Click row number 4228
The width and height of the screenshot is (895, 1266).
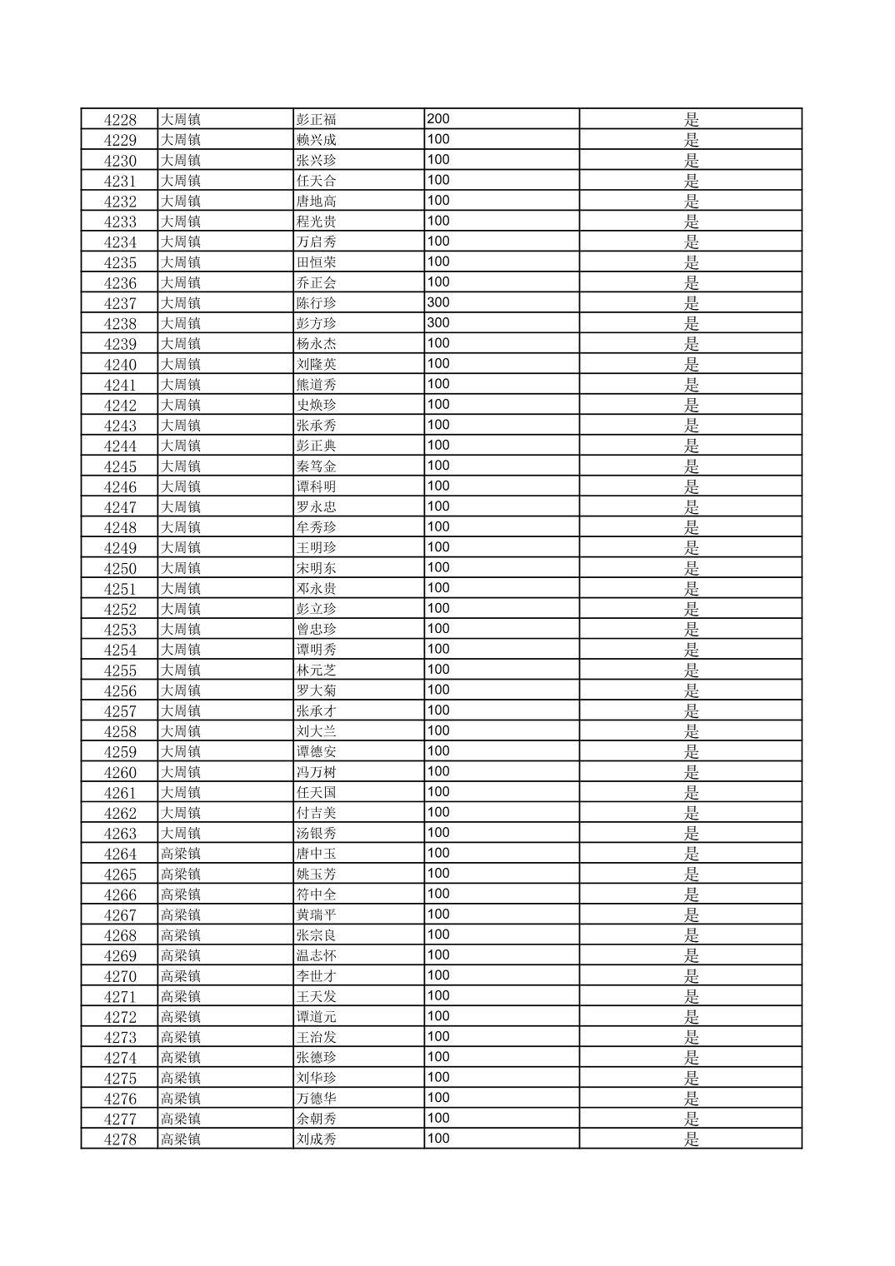(x=120, y=120)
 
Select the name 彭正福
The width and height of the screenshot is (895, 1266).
(x=317, y=120)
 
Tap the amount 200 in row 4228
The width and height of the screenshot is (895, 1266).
(x=438, y=119)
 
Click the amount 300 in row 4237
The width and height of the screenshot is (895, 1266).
(x=438, y=302)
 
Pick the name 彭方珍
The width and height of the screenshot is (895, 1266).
(x=317, y=324)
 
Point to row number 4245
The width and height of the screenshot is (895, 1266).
(x=120, y=467)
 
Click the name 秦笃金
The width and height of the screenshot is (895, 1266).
(x=317, y=467)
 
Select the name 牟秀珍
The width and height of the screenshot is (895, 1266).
(x=317, y=528)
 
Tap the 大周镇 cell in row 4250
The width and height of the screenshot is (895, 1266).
(x=181, y=569)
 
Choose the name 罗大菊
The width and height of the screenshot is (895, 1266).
(x=317, y=691)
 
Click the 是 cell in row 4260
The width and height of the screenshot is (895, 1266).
(x=692, y=773)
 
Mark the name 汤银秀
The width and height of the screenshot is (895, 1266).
(x=317, y=834)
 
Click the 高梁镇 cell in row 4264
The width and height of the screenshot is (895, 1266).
(x=181, y=855)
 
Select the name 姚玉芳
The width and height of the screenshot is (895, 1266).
(x=317, y=875)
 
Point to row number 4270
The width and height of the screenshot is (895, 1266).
(x=120, y=977)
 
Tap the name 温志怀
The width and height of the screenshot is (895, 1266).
(x=317, y=956)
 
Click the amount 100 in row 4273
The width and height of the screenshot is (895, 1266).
(x=438, y=1037)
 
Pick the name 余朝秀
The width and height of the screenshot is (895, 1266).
(x=317, y=1119)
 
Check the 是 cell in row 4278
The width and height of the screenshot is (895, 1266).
(x=692, y=1140)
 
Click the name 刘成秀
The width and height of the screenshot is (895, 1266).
(x=317, y=1140)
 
